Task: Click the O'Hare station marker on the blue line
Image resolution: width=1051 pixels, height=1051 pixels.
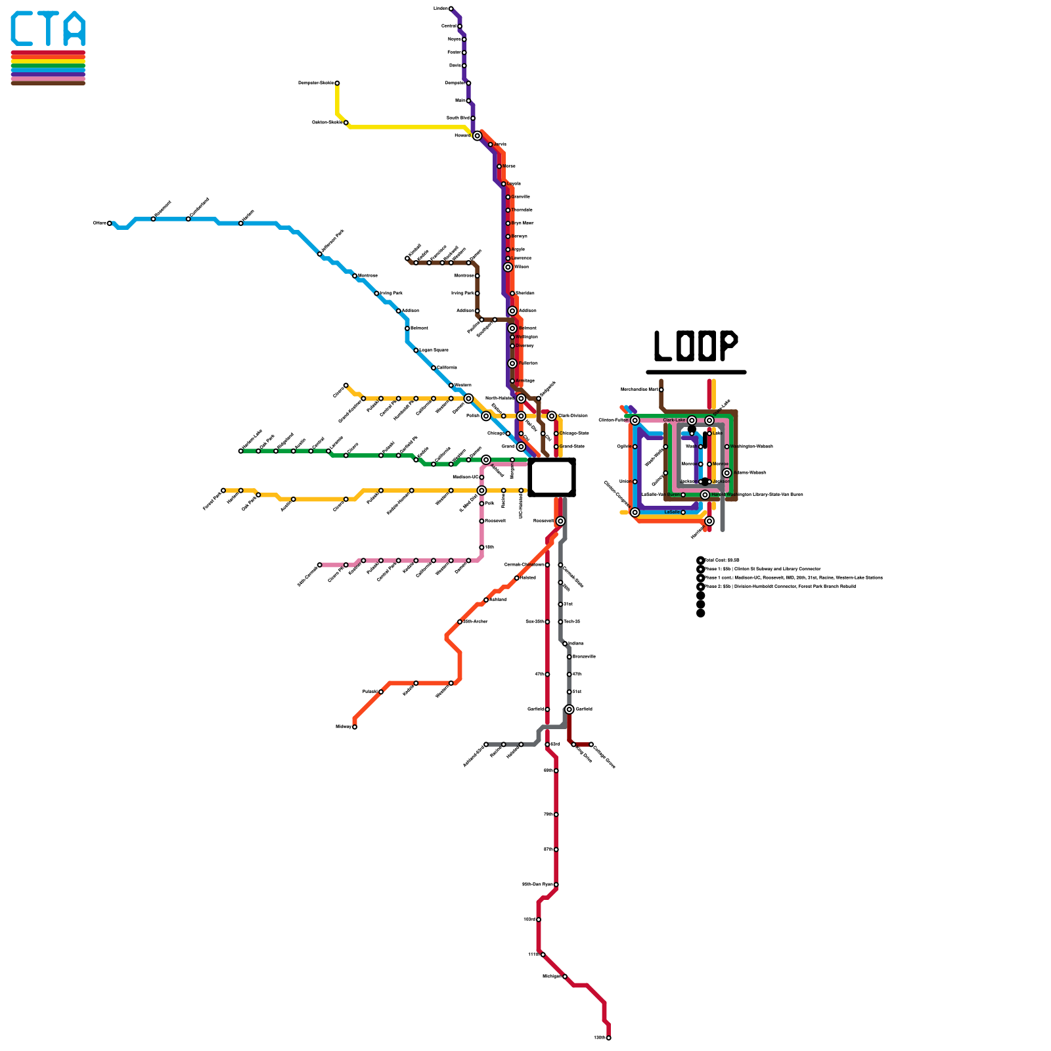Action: (110, 223)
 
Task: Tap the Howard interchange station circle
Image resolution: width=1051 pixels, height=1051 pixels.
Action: (478, 136)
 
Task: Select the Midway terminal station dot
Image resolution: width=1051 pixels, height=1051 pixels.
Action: (355, 727)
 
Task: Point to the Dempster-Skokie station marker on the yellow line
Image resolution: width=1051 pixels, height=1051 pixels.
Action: (337, 83)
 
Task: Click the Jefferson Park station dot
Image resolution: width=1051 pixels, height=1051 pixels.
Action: (320, 254)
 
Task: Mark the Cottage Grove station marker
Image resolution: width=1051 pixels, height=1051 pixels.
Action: (591, 744)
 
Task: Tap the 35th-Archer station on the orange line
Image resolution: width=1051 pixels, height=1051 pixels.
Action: (460, 621)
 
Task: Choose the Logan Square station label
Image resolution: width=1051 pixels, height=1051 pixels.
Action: (434, 350)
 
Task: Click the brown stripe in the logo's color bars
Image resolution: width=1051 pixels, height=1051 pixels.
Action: (48, 83)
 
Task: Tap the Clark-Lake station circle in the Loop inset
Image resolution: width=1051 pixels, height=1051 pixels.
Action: (692, 420)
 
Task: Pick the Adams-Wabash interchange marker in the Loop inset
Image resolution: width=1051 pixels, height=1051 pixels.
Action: (727, 473)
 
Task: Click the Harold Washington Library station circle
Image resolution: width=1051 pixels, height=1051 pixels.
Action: (705, 495)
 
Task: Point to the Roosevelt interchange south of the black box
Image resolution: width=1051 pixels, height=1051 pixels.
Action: (560, 521)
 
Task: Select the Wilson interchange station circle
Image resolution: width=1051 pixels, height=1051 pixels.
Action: (508, 267)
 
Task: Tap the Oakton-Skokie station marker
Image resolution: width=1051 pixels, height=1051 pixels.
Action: (346, 123)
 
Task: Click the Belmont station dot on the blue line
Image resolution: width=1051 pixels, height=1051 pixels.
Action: (407, 328)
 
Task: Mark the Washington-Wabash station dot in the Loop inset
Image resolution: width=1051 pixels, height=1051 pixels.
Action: (727, 447)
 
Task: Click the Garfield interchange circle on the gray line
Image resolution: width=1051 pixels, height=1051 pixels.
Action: (570, 709)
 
